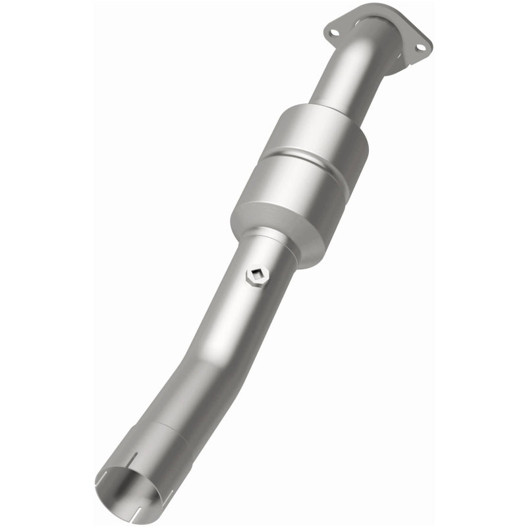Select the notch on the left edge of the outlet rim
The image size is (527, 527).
[x=105, y=476]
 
